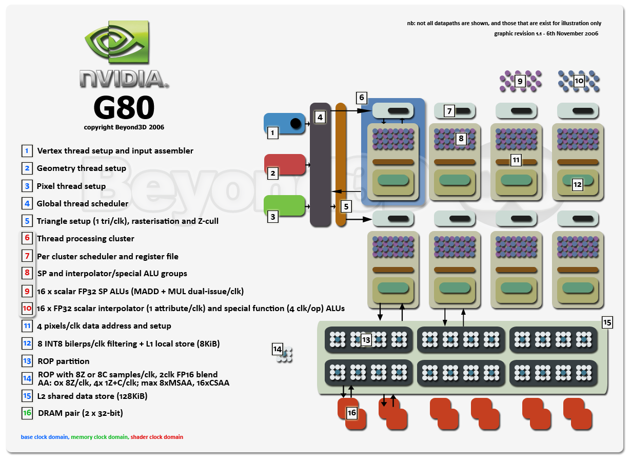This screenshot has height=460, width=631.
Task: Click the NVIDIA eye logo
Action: [117, 41]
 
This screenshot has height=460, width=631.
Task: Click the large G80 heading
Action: [124, 107]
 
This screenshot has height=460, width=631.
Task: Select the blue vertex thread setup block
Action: [284, 123]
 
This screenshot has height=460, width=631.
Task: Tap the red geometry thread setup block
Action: [285, 164]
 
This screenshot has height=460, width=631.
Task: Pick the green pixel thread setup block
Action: [284, 205]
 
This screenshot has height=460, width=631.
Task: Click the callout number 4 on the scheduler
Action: [320, 117]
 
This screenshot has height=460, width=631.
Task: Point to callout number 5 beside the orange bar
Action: [346, 206]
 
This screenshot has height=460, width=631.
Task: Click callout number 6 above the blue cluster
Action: [362, 98]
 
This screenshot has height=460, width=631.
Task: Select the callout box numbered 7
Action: [449, 111]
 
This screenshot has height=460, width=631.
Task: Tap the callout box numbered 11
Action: [516, 160]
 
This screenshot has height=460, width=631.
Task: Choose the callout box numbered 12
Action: [577, 185]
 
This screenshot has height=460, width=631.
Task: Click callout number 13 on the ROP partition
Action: [366, 340]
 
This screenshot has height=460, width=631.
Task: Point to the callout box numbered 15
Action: [607, 322]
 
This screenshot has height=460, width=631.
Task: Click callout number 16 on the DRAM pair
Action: [351, 413]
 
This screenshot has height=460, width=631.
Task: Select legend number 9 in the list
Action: [27, 291]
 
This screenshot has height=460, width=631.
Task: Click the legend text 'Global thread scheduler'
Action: [83, 203]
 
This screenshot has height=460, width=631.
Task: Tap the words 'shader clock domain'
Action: [156, 437]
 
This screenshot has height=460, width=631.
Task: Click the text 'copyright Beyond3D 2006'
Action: [124, 127]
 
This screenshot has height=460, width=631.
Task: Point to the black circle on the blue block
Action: [295, 123]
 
